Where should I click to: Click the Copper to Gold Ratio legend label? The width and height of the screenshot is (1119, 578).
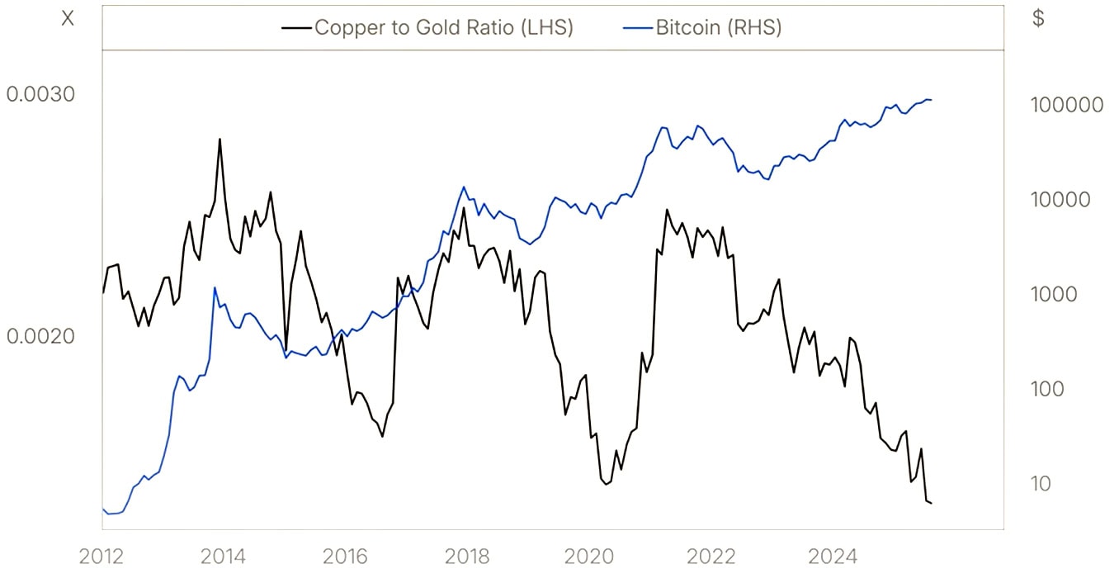444,27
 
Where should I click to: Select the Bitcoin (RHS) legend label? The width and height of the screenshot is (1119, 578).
718,27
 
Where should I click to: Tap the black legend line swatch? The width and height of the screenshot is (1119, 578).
296,28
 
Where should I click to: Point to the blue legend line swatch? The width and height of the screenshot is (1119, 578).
637,28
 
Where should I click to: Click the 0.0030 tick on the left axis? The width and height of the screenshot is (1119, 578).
40,94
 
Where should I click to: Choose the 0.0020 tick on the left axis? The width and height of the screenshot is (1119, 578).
40,336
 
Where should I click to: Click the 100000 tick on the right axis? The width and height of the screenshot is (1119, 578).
1066,106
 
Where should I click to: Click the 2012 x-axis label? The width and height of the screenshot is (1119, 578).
102,557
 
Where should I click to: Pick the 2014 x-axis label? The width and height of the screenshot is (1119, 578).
223,557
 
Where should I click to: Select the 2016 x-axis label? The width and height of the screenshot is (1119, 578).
345,557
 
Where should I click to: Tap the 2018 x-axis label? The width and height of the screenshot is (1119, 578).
467,557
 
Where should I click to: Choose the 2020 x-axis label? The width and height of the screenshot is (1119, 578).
588,557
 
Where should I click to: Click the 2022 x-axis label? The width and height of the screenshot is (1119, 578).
710,557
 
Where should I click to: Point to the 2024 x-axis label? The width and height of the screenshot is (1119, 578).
831,557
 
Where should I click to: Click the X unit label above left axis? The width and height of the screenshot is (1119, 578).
68,19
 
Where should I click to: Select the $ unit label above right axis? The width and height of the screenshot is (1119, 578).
1038,19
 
